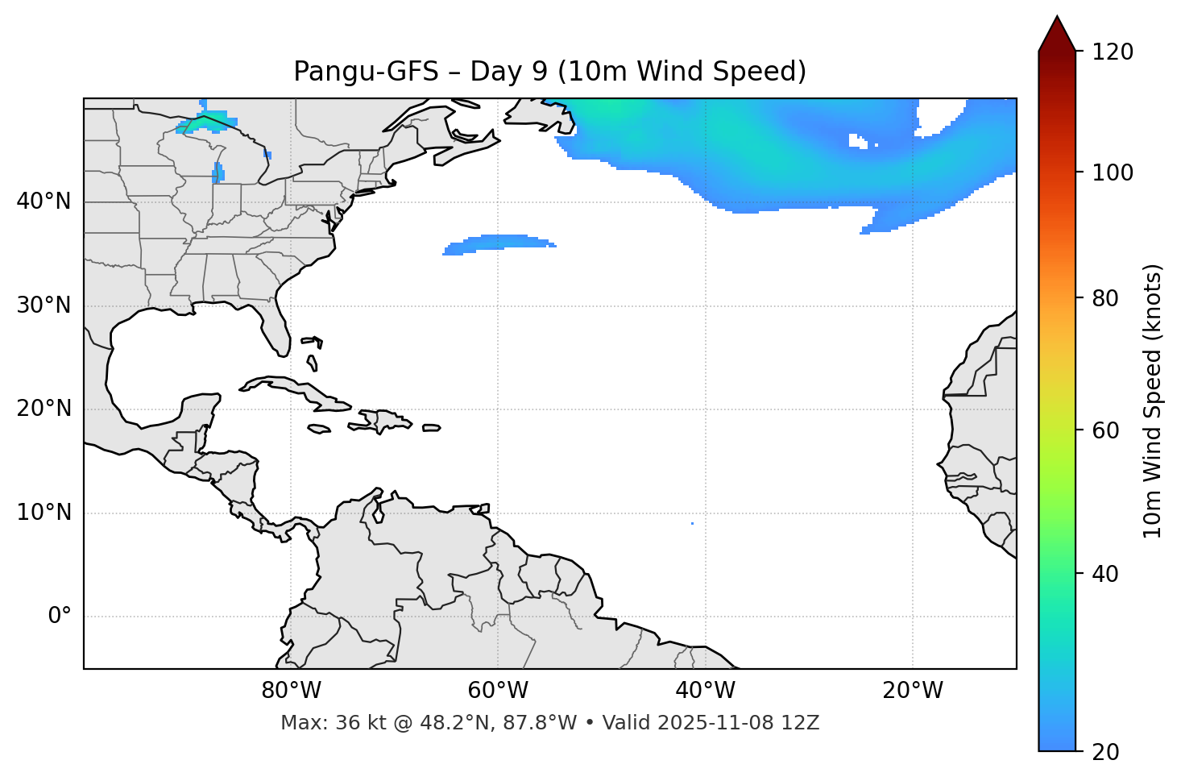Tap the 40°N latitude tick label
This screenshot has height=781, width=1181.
[44, 201]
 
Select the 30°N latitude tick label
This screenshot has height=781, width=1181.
[44, 305]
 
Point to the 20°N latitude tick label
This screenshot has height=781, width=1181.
[44, 409]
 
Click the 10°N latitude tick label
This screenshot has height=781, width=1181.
[44, 513]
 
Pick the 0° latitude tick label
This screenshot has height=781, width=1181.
[60, 617]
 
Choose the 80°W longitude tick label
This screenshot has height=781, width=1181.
[291, 691]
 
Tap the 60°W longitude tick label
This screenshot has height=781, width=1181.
[498, 691]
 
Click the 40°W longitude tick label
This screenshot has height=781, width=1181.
[705, 691]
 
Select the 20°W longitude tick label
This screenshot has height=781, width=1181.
[913, 691]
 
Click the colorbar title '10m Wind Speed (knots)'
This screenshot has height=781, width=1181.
[1153, 401]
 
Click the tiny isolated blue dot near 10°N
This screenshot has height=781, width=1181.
[692, 523]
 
